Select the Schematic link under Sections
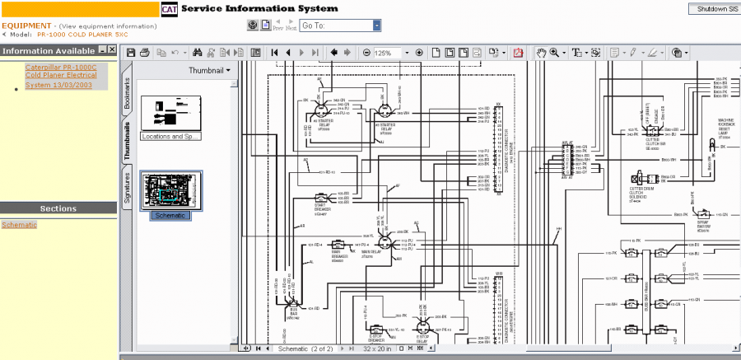19,224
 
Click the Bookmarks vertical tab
127,96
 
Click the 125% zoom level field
386,53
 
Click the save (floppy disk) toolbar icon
131,53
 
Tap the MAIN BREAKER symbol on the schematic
338,245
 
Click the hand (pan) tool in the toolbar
541,53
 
